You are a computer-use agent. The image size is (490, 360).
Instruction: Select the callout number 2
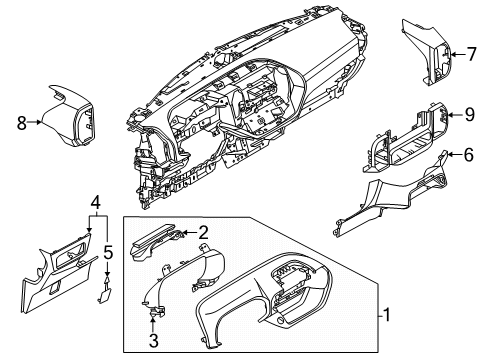tap(203, 232)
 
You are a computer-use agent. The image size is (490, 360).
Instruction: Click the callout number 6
tap(468, 154)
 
